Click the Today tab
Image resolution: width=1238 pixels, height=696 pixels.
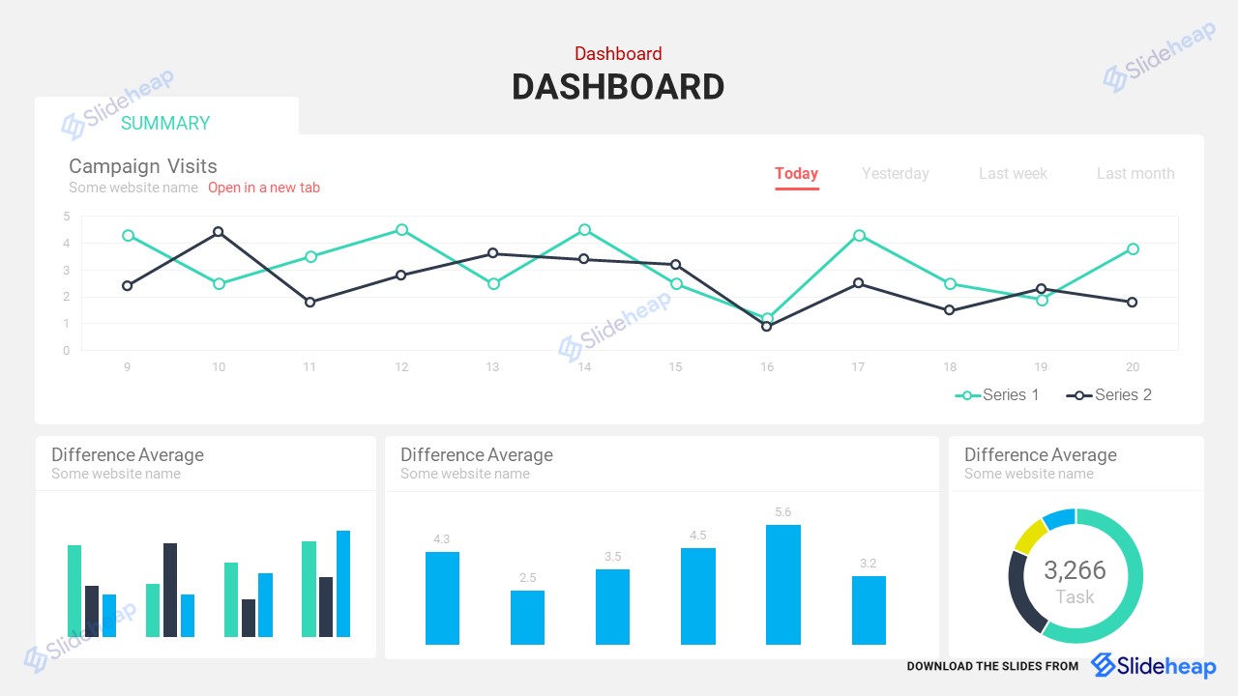point(796,174)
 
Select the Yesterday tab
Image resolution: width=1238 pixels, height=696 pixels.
point(895,174)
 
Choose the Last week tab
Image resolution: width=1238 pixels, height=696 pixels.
point(1013,174)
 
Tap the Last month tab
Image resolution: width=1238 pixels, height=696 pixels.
point(1135,174)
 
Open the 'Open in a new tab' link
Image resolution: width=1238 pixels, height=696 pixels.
point(263,188)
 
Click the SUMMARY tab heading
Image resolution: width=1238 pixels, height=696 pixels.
point(165,123)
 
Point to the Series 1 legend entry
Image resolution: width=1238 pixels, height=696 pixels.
point(997,394)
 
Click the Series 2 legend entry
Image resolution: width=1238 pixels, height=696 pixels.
point(1109,394)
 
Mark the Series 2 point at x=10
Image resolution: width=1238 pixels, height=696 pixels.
point(219,232)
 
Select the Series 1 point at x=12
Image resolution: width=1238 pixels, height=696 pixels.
point(401,230)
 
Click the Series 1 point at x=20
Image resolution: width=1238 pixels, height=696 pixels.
point(1133,248)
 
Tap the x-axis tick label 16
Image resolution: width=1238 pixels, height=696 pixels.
point(767,367)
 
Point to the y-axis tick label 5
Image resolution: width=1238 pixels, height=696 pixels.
point(67,217)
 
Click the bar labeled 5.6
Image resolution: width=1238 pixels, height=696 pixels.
point(782,584)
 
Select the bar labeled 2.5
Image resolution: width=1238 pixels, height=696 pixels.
point(527,617)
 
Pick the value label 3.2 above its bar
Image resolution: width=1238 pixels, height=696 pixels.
point(868,564)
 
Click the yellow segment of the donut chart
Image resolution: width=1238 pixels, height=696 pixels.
point(1029,535)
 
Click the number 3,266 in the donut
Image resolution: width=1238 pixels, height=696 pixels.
point(1075,570)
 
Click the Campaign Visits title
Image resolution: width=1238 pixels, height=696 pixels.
point(143,166)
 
